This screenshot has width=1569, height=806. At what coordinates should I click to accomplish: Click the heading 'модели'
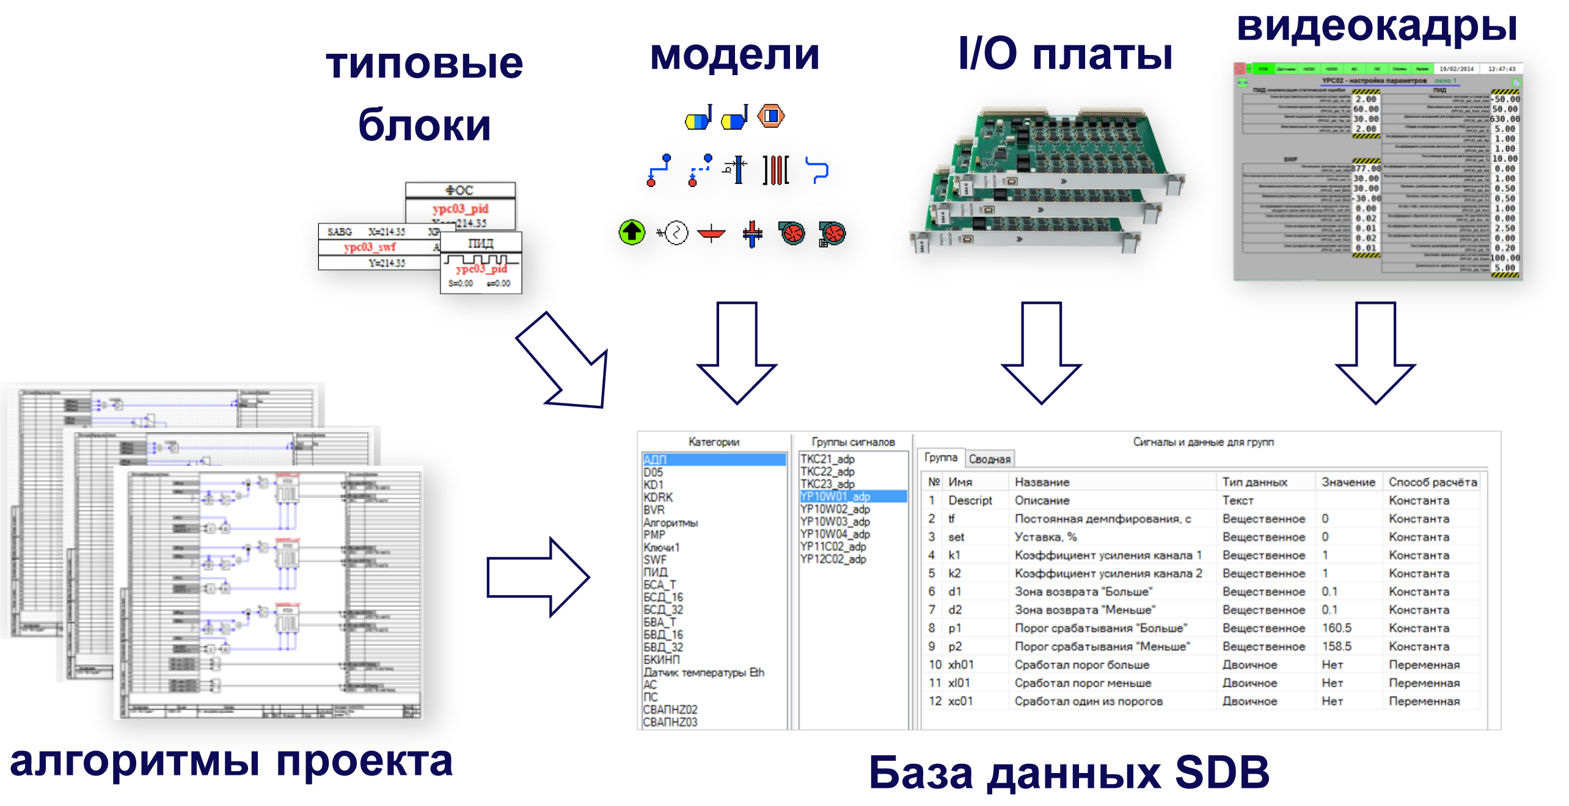734,55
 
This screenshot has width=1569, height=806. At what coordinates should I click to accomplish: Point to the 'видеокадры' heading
1377,27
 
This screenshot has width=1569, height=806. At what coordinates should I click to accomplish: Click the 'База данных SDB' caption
1069,772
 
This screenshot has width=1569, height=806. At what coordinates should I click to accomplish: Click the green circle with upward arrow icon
632,233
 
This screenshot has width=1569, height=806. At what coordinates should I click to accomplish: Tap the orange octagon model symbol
771,115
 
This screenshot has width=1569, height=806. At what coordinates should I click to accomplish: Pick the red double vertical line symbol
776,170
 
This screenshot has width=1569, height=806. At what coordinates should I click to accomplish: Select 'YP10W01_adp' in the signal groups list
835,496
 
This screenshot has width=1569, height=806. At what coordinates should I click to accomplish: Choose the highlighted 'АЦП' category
655,460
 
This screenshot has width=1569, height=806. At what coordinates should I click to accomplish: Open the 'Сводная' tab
989,459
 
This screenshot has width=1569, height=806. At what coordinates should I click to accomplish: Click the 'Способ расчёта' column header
1433,482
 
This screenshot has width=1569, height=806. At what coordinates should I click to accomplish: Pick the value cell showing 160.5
1337,628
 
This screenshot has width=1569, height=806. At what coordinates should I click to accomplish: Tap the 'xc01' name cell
960,701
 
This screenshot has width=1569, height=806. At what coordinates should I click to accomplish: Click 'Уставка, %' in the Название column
1045,537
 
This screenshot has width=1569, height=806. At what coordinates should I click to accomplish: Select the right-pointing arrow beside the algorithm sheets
538,577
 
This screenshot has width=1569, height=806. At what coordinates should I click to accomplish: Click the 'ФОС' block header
459,191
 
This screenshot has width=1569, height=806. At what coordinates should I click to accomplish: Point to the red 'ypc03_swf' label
370,247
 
